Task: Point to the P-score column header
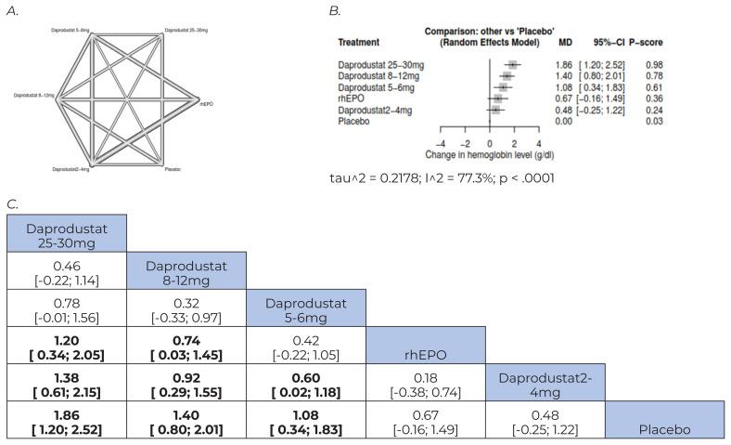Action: tap(646, 43)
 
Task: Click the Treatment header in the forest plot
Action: tap(358, 43)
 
